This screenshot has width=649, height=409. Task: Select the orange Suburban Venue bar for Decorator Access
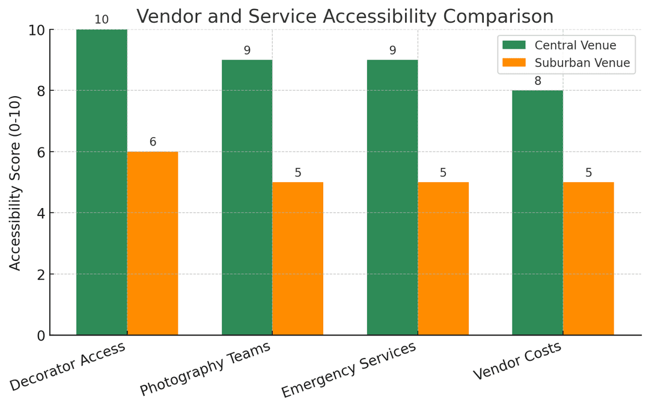152,243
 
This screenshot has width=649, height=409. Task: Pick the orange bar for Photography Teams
297,259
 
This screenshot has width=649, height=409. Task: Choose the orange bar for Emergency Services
443,259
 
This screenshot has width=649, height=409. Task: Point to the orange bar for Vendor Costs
588,259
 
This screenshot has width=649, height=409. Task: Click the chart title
345,16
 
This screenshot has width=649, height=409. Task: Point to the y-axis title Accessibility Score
15,182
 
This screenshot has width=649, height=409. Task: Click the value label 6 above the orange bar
153,142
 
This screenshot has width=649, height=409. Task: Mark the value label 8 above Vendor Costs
538,81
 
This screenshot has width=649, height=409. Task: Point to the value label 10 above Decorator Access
102,20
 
